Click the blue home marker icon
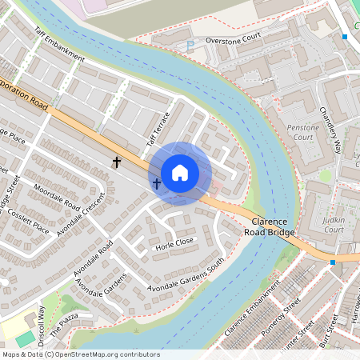pyautogui.click(x=180, y=172)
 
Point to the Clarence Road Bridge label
pyautogui.click(x=273, y=226)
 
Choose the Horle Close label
pyautogui.click(x=175, y=242)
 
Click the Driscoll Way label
pyautogui.click(x=41, y=321)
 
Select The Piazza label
pyautogui.click(x=66, y=322)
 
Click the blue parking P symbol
pyautogui.click(x=190, y=46)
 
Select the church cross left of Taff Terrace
pyautogui.click(x=117, y=162)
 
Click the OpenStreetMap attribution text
pyautogui.click(x=80, y=354)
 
